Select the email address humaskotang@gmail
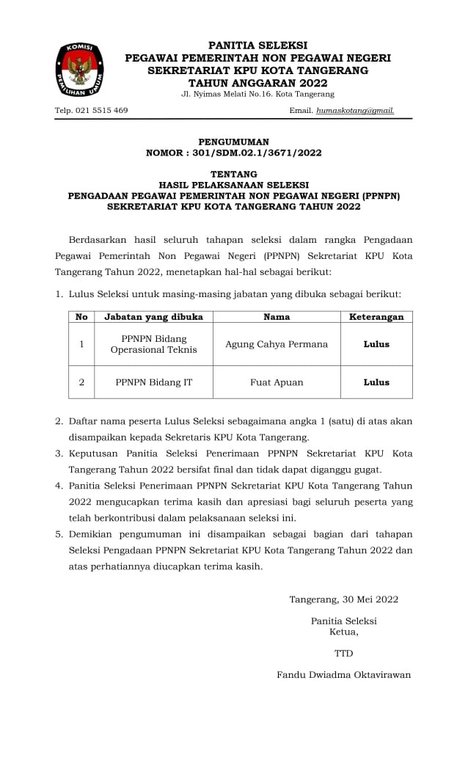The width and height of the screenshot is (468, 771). click(355, 111)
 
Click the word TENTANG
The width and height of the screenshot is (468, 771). click(234, 175)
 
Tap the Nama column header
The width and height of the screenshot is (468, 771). click(277, 318)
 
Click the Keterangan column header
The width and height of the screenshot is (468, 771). click(376, 318)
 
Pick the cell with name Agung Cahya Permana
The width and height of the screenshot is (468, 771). click(277, 344)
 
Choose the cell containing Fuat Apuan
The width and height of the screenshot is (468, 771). click(277, 382)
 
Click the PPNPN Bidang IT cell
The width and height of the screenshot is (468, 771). click(153, 382)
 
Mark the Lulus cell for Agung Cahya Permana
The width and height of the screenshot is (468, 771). click(376, 344)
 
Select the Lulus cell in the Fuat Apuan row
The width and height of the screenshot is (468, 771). click(376, 382)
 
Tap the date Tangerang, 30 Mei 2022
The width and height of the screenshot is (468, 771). click(343, 599)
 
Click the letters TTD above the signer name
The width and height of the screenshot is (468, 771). click(343, 653)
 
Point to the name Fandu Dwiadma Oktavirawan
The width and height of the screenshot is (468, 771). click(343, 675)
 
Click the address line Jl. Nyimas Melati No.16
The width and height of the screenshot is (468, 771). click(257, 95)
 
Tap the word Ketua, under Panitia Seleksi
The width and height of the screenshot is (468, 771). click(343, 632)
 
